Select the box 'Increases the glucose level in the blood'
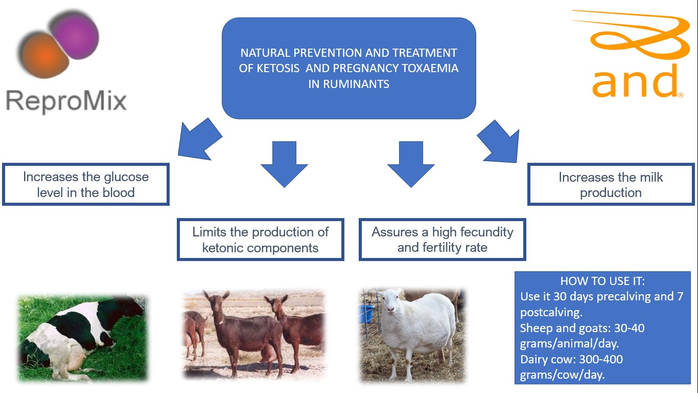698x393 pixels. click(86, 184)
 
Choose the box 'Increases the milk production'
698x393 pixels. click(611, 184)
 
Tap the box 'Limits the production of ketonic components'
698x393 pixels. click(261, 239)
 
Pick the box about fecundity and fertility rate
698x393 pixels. click(442, 239)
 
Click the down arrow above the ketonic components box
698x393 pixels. click(284, 164)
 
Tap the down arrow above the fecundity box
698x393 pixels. click(411, 164)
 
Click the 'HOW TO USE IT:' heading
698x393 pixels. click(602, 281)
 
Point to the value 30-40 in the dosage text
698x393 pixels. click(629, 328)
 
